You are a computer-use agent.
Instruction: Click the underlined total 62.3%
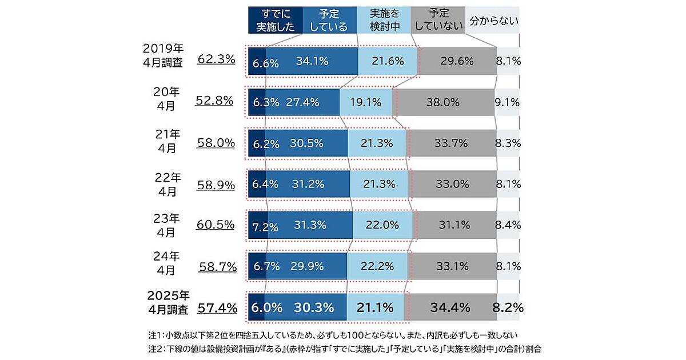[216, 58]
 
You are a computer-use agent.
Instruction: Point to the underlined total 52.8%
[214, 101]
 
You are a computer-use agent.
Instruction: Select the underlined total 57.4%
[217, 308]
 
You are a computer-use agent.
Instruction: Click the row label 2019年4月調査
[163, 55]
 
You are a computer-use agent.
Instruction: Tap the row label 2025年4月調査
[167, 303]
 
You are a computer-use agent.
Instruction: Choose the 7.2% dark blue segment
[258, 226]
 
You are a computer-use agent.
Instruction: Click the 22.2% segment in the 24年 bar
[377, 266]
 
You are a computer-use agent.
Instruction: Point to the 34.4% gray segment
[449, 307]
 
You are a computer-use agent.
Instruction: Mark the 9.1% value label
[507, 102]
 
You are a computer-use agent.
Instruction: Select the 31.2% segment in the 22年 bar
[309, 184]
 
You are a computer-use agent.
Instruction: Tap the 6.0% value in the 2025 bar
[266, 307]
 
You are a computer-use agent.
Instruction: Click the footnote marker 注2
[155, 348]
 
